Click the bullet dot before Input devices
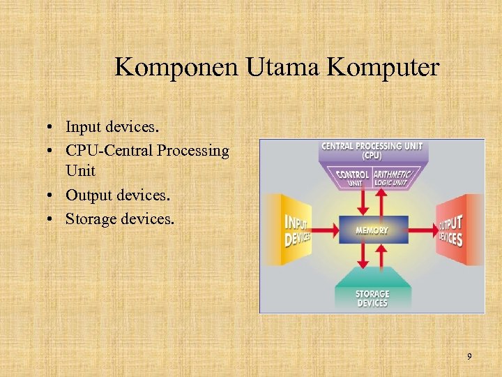coord(53,127)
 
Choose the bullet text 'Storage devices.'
coord(121,219)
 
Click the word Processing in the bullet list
coord(193,150)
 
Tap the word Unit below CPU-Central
coord(80,171)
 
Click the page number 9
coord(469,357)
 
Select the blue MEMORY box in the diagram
coord(372,230)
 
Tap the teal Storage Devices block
coord(372,297)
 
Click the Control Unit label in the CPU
coord(353,177)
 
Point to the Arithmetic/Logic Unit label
coord(393,177)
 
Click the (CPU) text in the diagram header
coord(372,156)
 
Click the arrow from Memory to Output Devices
coord(422,230)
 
